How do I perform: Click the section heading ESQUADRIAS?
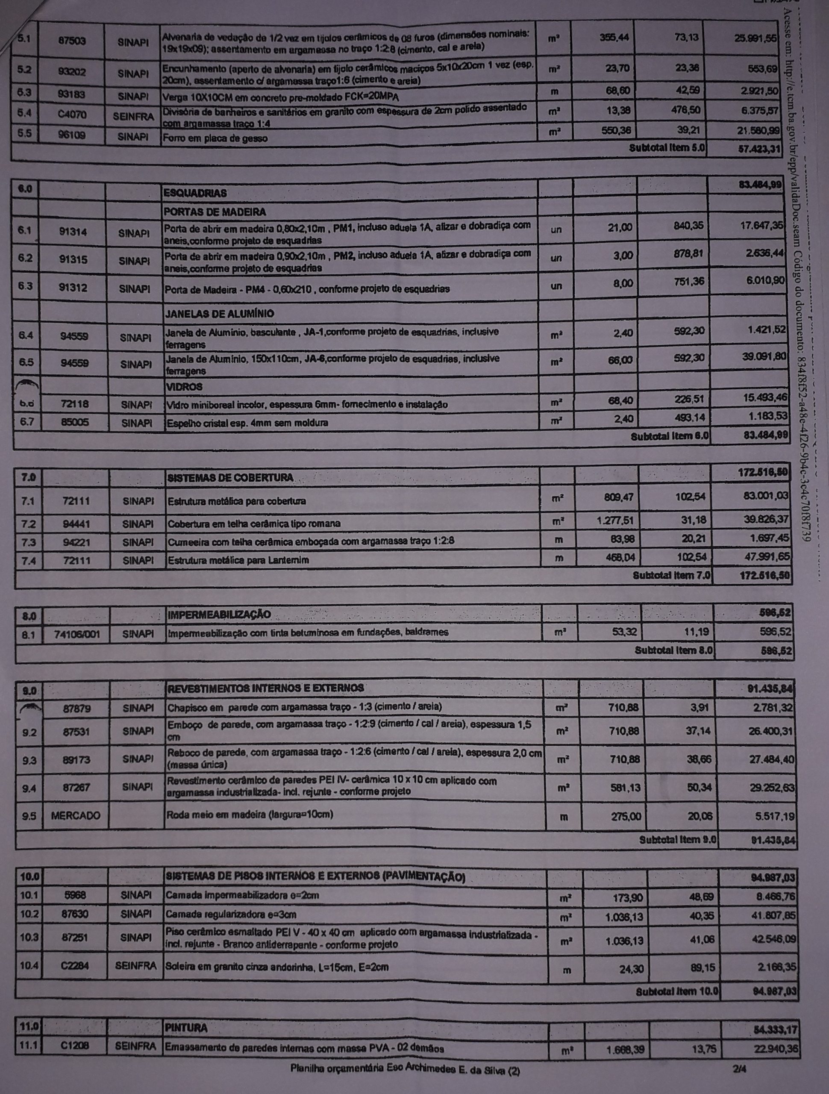[x=195, y=192]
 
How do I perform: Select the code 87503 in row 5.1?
[x=72, y=41]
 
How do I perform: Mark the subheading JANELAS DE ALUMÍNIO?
[x=218, y=314]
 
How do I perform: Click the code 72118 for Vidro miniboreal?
[x=75, y=403]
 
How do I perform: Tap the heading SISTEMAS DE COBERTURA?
[x=230, y=478]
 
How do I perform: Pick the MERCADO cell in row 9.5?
[x=76, y=815]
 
